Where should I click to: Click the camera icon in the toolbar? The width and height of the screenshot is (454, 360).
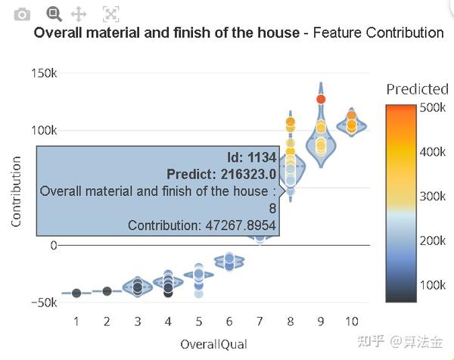pos(23,14)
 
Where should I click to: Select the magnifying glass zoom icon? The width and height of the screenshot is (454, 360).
pos(53,13)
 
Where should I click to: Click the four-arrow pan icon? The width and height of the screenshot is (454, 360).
pos(77,14)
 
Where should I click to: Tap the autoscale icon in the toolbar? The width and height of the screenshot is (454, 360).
pos(110,14)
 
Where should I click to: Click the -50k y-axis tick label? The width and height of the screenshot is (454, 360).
pos(43,303)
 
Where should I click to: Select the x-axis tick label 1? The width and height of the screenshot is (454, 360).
pos(76,321)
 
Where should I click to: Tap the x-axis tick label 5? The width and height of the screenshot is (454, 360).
pos(198,321)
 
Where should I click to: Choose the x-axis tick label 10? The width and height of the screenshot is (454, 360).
pos(352,321)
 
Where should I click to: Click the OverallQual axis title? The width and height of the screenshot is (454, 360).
pos(213,344)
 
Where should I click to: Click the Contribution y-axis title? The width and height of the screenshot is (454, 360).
pos(16,192)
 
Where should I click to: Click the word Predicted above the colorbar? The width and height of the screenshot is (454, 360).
pos(417,89)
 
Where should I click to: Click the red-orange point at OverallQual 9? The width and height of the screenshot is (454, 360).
pos(321,99)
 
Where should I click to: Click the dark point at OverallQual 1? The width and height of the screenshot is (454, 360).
pos(76,293)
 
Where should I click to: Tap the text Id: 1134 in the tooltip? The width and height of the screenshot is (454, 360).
pos(252,157)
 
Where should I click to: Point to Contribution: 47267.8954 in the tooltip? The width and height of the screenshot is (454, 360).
pos(201,225)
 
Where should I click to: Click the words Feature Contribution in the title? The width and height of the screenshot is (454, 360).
pos(378,33)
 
